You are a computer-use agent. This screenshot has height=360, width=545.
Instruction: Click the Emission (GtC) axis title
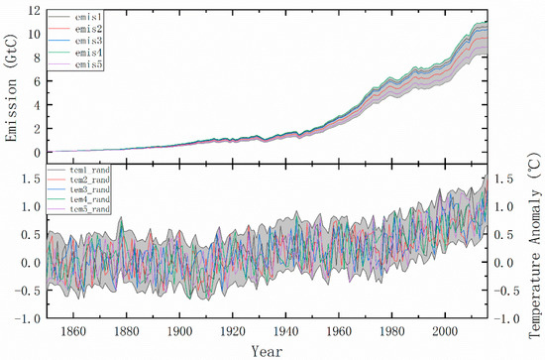(x=12, y=83)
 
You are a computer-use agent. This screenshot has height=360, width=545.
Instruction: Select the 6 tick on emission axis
(x=35, y=82)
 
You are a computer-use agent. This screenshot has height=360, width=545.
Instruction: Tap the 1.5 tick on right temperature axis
(x=505, y=180)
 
